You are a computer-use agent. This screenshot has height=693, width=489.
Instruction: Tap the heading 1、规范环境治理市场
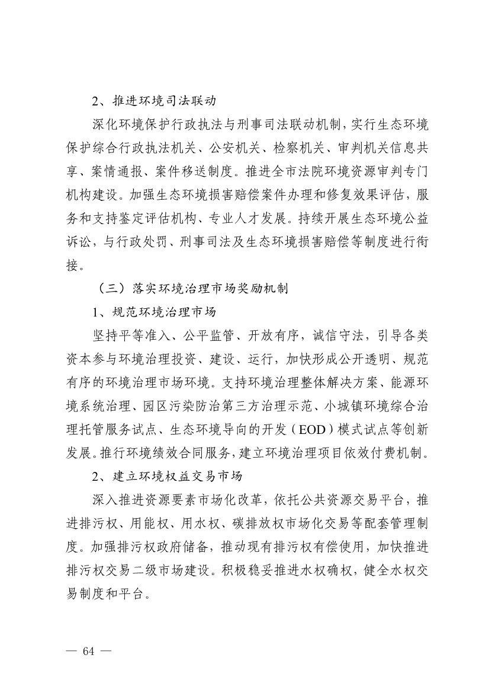tap(153, 312)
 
